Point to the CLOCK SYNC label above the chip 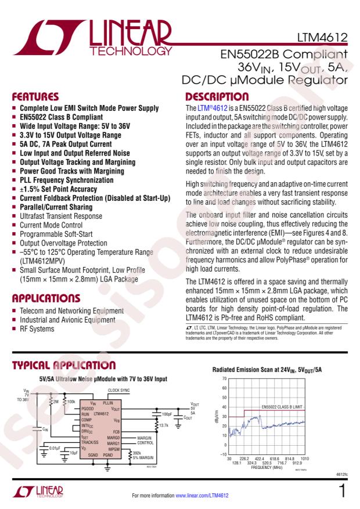[119, 391]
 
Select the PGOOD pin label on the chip [87, 407]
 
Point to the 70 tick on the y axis [224, 379]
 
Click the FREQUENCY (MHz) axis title [265, 467]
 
